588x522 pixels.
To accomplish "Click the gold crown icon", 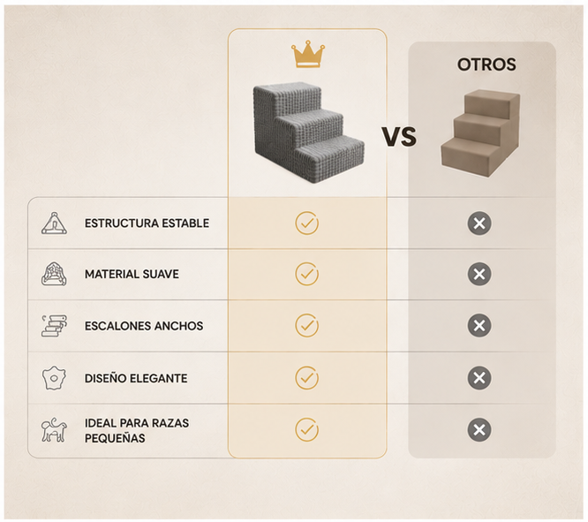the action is (308, 54).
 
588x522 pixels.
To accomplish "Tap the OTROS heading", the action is (486, 64).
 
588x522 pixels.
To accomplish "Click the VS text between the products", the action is (399, 136).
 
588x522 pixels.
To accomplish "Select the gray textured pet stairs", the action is (308, 132).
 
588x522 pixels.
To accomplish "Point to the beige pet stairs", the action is (480, 133).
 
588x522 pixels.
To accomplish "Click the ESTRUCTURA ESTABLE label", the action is (147, 223).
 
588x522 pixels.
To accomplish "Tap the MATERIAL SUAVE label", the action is (132, 274).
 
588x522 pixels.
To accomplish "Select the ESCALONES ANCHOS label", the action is (144, 326).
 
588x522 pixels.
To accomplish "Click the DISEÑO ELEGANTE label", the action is (136, 378).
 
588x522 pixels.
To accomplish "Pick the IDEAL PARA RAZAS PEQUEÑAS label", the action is (137, 430).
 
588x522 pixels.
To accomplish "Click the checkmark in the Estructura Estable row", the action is (306, 223).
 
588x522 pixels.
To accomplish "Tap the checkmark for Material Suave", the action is (306, 274).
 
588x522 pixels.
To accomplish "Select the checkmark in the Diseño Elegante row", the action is (306, 378).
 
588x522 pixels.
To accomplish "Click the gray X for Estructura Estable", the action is (479, 223).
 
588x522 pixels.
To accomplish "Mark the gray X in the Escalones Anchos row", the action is (479, 325).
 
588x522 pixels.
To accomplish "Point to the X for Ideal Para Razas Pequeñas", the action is (479, 429).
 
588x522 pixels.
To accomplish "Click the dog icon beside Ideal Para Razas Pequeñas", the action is (54, 430).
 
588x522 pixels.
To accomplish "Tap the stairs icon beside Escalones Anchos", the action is (55, 325).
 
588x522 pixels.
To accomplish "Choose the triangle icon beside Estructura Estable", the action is (55, 223).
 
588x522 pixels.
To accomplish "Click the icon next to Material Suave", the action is (54, 274).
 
